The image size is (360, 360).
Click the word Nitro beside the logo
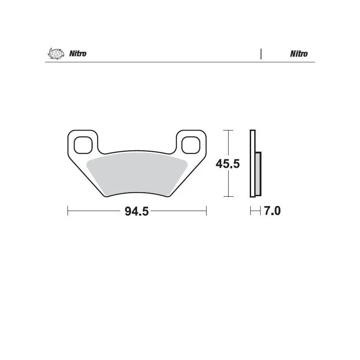coord(77,54)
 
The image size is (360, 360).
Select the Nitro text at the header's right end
coord(299,54)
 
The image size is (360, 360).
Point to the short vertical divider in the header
coord(261,54)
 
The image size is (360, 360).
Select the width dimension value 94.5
coord(136,211)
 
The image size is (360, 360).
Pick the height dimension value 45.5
coord(227,164)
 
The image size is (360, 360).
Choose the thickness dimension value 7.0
coord(272,211)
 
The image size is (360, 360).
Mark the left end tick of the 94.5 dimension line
coord(67,211)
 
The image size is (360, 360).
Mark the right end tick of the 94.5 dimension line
coord(206,211)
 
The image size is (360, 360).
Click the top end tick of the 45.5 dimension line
coord(229,130)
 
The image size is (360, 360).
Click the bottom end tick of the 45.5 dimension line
coord(229,197)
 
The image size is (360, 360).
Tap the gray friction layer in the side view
coord(258,173)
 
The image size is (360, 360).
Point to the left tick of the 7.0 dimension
coord(251,211)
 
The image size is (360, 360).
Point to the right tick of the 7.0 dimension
coord(261,211)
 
